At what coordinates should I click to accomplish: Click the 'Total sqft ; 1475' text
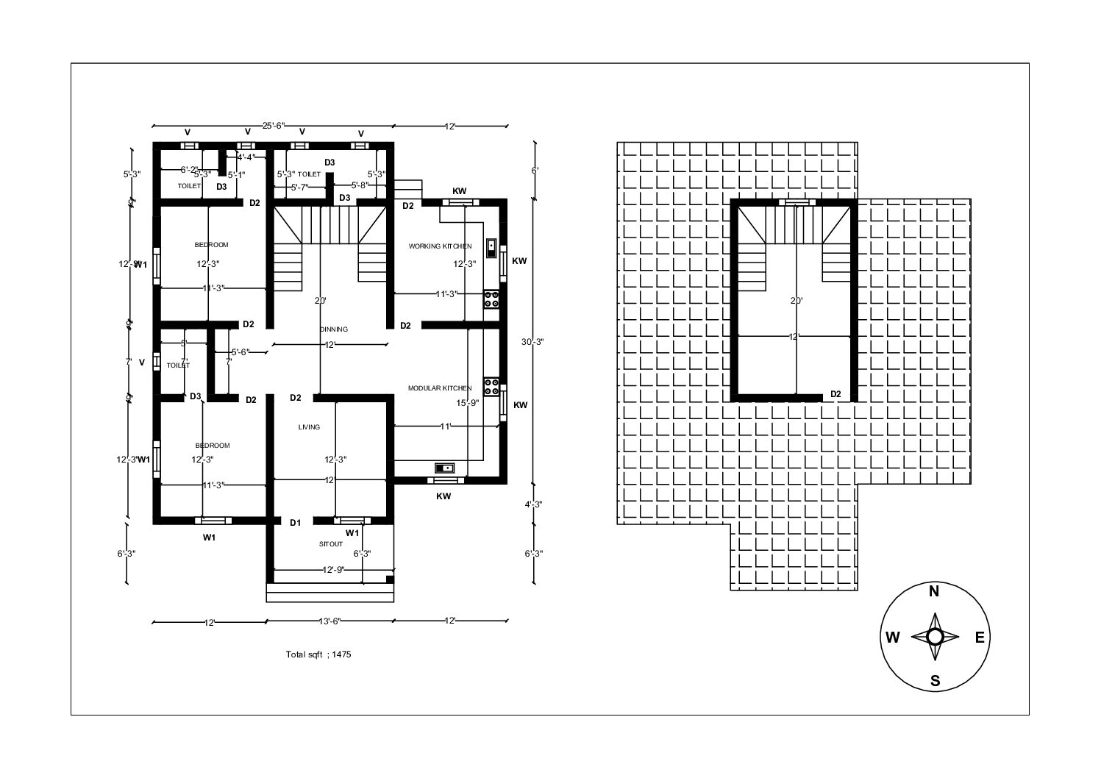pos(318,654)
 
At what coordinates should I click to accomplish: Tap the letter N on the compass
pos(934,592)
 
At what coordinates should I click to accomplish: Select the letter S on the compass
pos(935,681)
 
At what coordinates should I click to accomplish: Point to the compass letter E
pos(979,638)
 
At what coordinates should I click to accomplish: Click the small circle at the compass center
pos(935,637)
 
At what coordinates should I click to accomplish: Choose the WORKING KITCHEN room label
pos(440,246)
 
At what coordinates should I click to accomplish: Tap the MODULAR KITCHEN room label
pos(440,388)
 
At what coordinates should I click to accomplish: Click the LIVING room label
pos(309,427)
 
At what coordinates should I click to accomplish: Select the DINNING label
pos(333,329)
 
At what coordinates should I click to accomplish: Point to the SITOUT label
pos(330,544)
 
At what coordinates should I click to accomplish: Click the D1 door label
pos(295,523)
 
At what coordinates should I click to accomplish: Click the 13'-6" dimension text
pos(329,621)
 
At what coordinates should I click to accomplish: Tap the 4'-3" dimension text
pos(533,504)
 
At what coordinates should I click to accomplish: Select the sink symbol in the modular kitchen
pos(444,468)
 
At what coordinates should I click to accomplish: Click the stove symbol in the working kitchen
pos(491,299)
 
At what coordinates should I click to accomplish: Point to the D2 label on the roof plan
pos(835,394)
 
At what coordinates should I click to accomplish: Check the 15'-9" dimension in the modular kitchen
pos(468,403)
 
